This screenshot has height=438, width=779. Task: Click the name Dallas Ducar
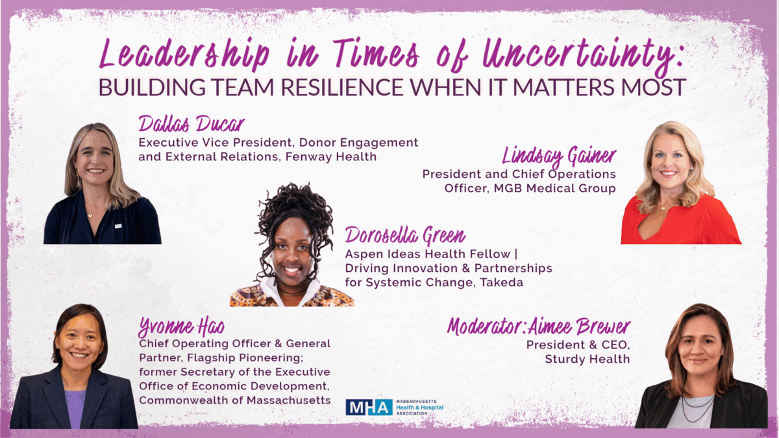point(192,124)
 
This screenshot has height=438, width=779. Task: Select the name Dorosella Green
point(405,236)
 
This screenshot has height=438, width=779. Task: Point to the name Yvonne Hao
point(181,327)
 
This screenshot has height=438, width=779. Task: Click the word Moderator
point(486,326)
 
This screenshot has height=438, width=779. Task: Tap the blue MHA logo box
point(369,407)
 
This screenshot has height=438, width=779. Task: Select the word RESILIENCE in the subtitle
point(342,87)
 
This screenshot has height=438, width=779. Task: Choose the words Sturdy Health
point(587,359)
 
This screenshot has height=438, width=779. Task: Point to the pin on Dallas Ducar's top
point(118,226)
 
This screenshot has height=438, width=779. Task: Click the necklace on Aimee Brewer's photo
point(697,408)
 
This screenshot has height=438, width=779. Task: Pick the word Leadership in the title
point(184,55)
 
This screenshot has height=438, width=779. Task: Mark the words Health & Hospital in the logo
point(420,408)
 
